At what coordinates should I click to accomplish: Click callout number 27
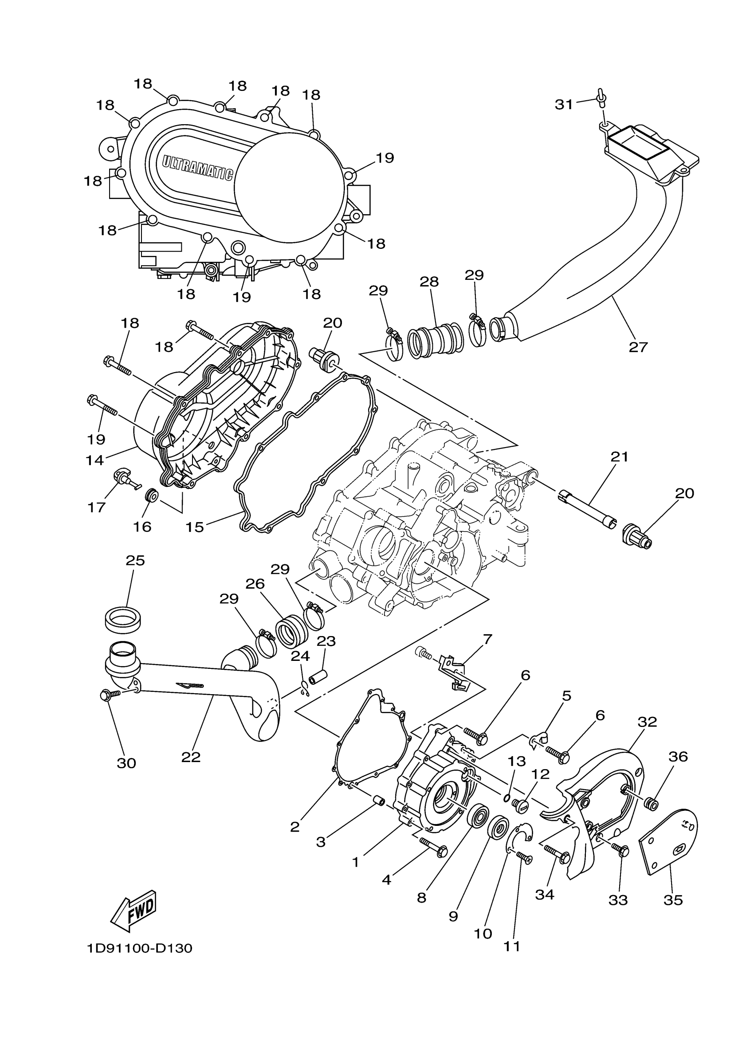click(x=638, y=347)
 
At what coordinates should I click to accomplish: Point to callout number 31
click(x=564, y=105)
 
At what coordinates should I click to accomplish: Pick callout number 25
click(x=135, y=561)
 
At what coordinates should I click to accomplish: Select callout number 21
click(x=619, y=457)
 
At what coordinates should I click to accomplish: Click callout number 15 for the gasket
click(x=194, y=527)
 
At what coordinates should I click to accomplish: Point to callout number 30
click(x=126, y=763)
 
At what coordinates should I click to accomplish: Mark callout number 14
click(x=94, y=460)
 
